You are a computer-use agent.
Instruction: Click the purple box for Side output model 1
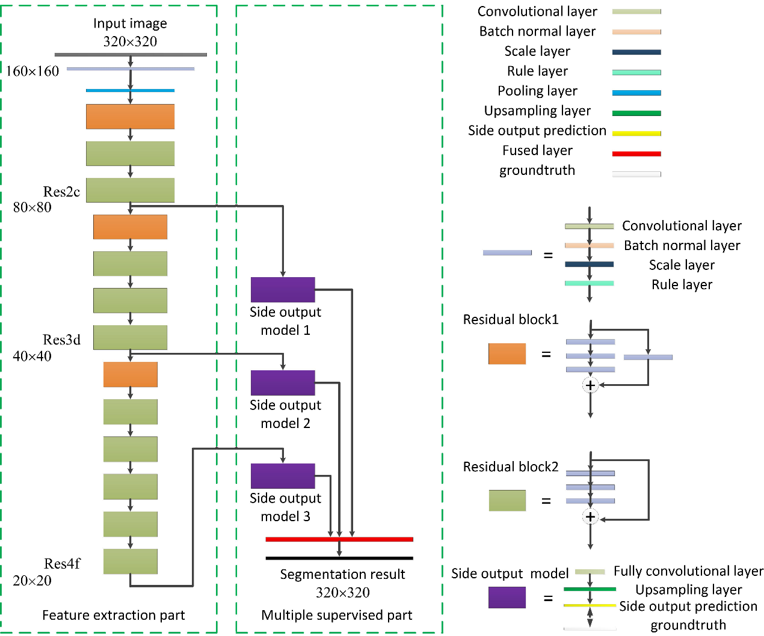pos(283,290)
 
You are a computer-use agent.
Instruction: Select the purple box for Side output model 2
pos(283,383)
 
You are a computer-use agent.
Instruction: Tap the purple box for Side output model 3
pos(283,476)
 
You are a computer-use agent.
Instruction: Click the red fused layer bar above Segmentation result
pos(339,539)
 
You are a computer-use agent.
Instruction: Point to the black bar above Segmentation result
pos(339,558)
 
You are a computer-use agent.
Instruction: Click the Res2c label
pos(61,192)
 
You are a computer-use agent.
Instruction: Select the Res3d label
pos(61,340)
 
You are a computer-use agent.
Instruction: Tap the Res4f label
pos(62,564)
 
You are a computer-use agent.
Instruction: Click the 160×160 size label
pos(32,72)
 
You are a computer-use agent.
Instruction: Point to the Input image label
pos(130,23)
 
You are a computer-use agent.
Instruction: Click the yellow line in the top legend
pos(636,133)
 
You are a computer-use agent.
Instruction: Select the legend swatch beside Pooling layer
pos(636,93)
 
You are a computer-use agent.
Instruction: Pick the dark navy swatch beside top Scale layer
pos(636,52)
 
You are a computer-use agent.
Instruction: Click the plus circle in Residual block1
pos(591,385)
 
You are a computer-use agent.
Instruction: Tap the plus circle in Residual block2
pos(591,517)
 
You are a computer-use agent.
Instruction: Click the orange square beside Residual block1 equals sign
pos(507,354)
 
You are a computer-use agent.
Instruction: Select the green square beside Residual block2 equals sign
pos(507,500)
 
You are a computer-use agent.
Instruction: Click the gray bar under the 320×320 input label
pos(131,55)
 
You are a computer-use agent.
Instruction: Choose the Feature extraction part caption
pos(114,615)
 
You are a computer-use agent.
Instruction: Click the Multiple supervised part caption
pos(337,615)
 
